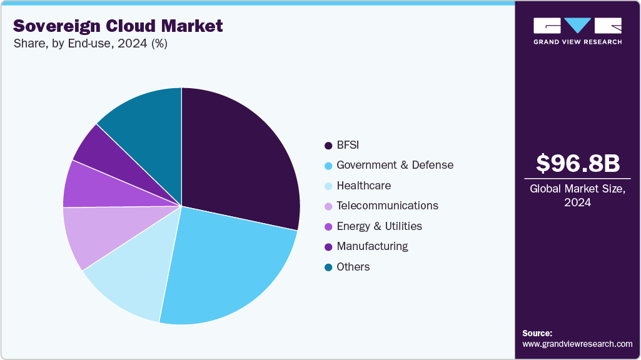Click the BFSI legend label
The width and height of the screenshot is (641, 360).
(348, 145)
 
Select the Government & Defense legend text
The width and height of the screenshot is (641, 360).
(395, 165)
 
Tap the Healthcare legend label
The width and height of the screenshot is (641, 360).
(363, 186)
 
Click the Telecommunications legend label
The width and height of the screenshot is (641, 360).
(387, 206)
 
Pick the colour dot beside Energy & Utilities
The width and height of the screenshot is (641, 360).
(328, 227)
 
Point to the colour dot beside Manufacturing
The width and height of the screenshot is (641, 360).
(328, 247)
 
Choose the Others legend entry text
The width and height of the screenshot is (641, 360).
(353, 267)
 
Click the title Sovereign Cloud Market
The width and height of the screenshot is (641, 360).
(118, 26)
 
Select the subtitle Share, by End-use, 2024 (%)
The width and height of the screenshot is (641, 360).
(90, 44)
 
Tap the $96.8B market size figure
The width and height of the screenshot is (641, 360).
(578, 163)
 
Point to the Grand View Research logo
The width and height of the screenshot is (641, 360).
(578, 31)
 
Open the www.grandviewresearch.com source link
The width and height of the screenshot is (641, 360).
(577, 344)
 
